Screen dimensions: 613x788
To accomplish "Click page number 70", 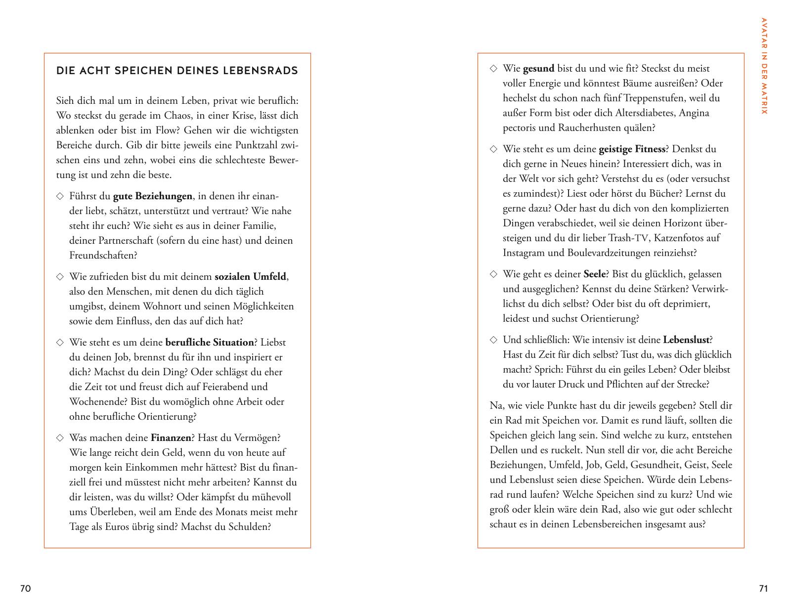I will pos(25,588).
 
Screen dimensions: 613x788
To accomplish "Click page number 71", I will pos(763,588).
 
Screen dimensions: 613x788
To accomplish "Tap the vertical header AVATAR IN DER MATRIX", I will pos(764,66).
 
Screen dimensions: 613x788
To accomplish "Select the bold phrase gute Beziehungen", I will pos(152,196).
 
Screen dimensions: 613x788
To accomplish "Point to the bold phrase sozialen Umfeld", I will pos(250,277).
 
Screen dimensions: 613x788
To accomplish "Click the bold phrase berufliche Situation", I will pos(210,343).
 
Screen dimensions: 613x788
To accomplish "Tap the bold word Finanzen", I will pos(171,438).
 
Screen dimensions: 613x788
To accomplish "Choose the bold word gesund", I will pos(538,69).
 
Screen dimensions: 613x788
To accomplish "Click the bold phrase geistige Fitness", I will pos(632,149).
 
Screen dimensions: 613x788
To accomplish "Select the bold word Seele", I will pos(595,274).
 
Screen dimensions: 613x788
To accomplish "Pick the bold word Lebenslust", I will pos(686,340).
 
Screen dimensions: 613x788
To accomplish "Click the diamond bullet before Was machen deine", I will pos(60,438).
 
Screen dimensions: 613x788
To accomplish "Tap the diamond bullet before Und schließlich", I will pos(493,340).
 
